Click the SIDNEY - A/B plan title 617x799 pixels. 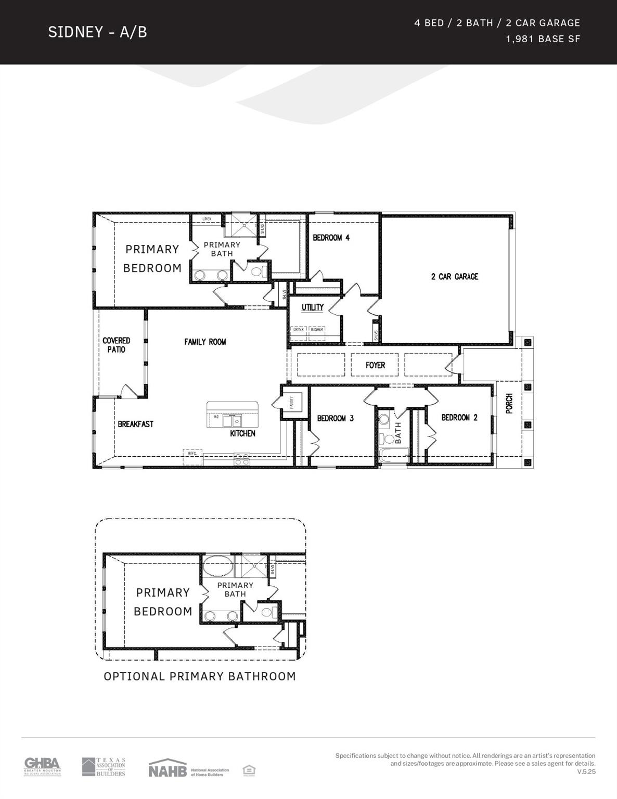[97, 32]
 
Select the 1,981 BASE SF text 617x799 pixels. [543, 39]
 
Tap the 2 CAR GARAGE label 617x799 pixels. [454, 277]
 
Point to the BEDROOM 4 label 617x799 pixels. [331, 238]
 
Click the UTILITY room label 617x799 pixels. [312, 307]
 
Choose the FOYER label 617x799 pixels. [375, 365]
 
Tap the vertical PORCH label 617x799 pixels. [509, 404]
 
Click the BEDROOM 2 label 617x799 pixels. [459, 418]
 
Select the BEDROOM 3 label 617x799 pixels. [335, 418]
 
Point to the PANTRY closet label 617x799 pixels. [291, 402]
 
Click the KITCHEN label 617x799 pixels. [242, 433]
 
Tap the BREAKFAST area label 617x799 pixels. [135, 424]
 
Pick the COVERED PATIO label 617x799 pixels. [116, 345]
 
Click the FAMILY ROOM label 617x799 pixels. [205, 342]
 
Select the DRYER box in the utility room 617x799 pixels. [299, 330]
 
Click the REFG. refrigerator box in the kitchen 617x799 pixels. [192, 454]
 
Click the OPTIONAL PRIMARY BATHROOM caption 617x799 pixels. [200, 676]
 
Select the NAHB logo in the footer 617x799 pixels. [168, 769]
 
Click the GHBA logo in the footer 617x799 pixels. [42, 766]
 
